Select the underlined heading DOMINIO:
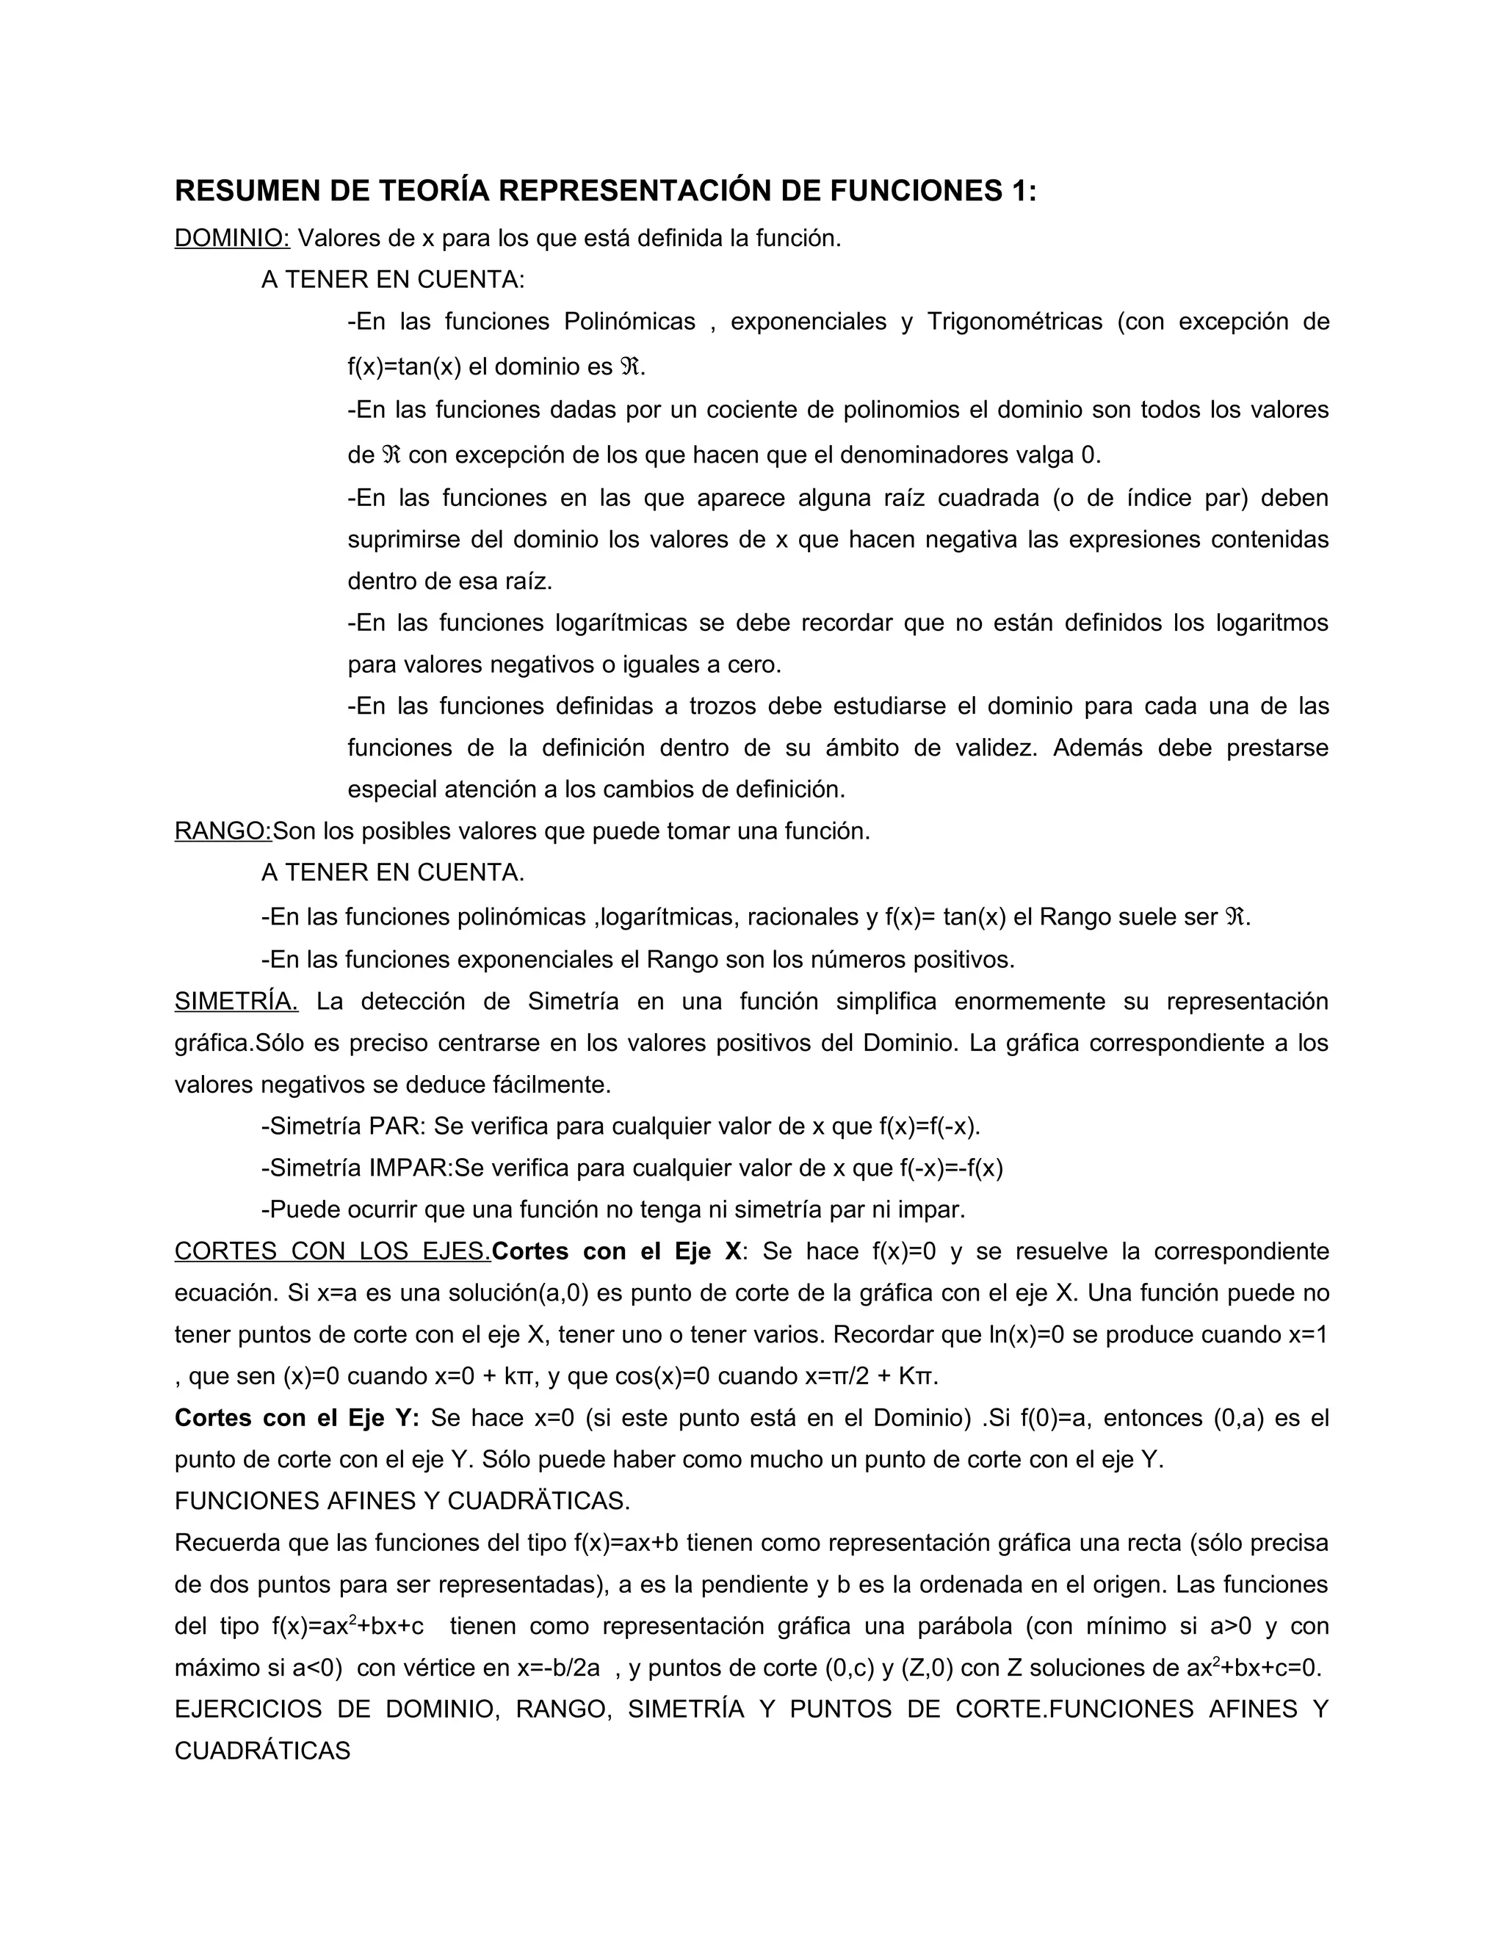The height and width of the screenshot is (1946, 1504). (231, 239)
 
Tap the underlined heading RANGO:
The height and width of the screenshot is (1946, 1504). (223, 831)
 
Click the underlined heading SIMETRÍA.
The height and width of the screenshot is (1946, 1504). (236, 1002)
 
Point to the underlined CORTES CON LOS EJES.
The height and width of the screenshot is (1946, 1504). (333, 1251)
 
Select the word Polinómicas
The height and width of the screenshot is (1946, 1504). (629, 322)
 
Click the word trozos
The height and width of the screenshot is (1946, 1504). (723, 706)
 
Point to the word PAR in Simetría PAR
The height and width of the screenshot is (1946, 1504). (394, 1126)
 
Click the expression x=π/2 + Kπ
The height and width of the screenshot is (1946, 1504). (872, 1377)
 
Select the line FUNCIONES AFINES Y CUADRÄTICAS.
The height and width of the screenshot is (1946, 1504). (402, 1502)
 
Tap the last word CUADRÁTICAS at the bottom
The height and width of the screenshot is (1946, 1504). (262, 1751)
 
